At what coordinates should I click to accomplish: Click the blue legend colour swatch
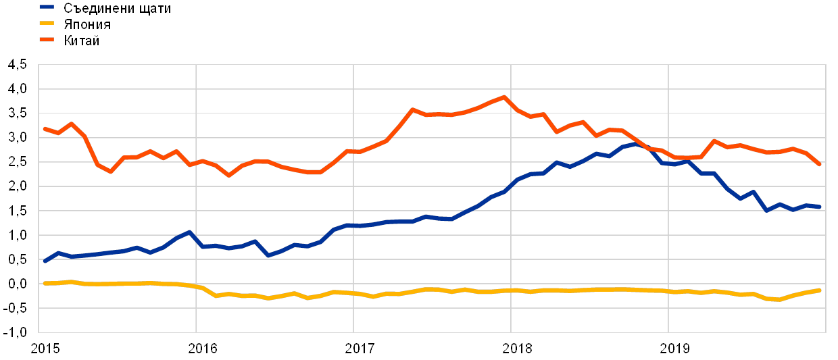click(x=47, y=8)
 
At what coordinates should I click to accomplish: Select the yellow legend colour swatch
click(x=47, y=24)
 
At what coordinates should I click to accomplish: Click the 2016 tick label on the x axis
click(x=201, y=349)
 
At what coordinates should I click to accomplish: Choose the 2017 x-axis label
click(x=360, y=349)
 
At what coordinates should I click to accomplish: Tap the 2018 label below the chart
click(x=517, y=349)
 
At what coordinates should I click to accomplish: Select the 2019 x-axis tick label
click(x=674, y=349)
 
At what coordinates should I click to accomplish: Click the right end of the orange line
click(x=820, y=164)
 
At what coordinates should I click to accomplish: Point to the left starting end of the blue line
click(x=45, y=261)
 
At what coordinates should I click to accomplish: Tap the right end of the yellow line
click(x=820, y=290)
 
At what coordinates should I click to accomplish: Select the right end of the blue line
click(x=820, y=207)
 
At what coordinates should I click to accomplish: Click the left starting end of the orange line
click(x=45, y=128)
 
